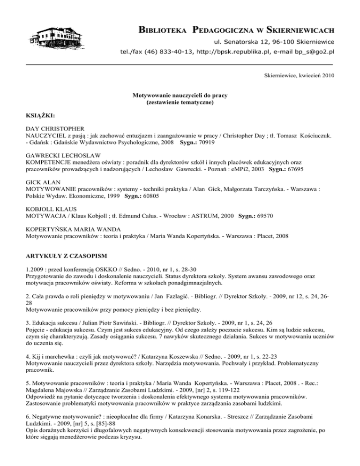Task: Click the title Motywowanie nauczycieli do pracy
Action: (x=180, y=96)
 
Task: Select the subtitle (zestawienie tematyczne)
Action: (x=180, y=103)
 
